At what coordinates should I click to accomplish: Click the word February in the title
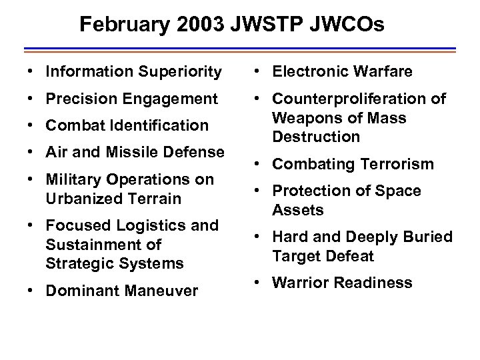[x=121, y=25]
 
